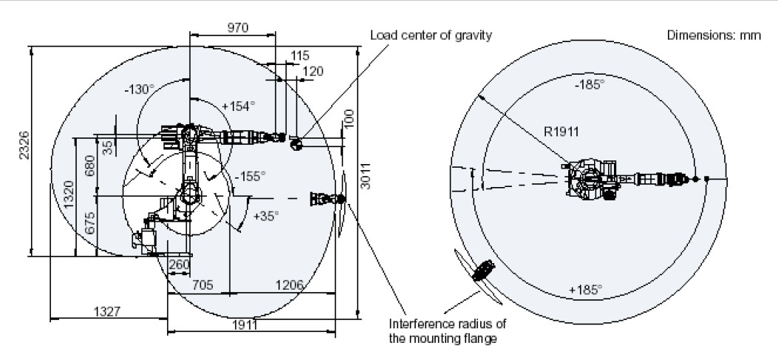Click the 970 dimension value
pyautogui.click(x=237, y=27)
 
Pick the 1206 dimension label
pyautogui.click(x=290, y=285)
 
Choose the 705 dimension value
pyautogui.click(x=203, y=285)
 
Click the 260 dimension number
pyautogui.click(x=180, y=264)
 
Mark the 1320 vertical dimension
pyautogui.click(x=69, y=196)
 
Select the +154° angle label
pyautogui.click(x=238, y=106)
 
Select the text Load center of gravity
pyautogui.click(x=431, y=35)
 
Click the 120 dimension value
pyautogui.click(x=313, y=71)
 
